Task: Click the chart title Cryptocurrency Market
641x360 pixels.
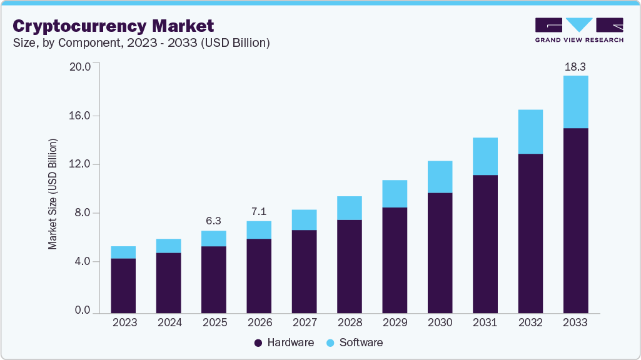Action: pyautogui.click(x=113, y=26)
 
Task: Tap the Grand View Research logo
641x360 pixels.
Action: pyautogui.click(x=578, y=29)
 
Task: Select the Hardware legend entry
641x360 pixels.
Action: pyautogui.click(x=284, y=342)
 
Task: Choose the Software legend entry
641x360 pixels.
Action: pyautogui.click(x=354, y=342)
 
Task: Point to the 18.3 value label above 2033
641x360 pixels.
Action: pyautogui.click(x=575, y=66)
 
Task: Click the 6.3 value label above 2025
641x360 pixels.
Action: pyautogui.click(x=213, y=221)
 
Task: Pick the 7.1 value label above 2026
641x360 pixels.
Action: pyautogui.click(x=259, y=211)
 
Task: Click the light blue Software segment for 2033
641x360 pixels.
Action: pyautogui.click(x=575, y=102)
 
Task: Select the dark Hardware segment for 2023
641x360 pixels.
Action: pyautogui.click(x=123, y=285)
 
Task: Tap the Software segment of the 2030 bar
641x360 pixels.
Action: pyautogui.click(x=440, y=177)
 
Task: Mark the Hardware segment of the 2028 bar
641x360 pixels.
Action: pyautogui.click(x=349, y=266)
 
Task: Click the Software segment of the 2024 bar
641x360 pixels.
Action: pyautogui.click(x=168, y=246)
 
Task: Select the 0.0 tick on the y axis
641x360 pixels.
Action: pyautogui.click(x=83, y=311)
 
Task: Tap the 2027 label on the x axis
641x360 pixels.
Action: pyautogui.click(x=304, y=322)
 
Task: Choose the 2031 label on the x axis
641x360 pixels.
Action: pyautogui.click(x=485, y=322)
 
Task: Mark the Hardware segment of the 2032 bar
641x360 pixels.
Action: pyautogui.click(x=530, y=232)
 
